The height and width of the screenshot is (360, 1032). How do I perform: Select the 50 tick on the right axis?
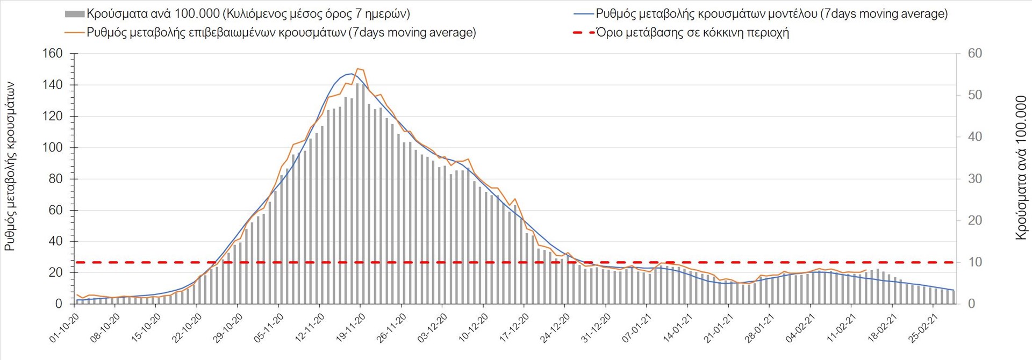[974, 95]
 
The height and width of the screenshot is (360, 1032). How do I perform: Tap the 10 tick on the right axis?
[974, 262]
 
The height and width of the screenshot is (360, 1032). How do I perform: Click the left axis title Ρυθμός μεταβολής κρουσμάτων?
[10, 167]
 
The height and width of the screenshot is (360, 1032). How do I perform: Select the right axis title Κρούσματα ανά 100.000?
[1021, 168]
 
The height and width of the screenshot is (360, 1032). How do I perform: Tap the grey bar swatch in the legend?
[74, 14]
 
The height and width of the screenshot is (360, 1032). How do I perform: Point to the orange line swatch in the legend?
[74, 32]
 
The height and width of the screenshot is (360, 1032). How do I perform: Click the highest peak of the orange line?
[358, 69]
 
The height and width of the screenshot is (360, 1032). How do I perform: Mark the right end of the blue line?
[954, 290]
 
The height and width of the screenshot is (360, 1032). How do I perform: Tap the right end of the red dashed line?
[954, 262]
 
